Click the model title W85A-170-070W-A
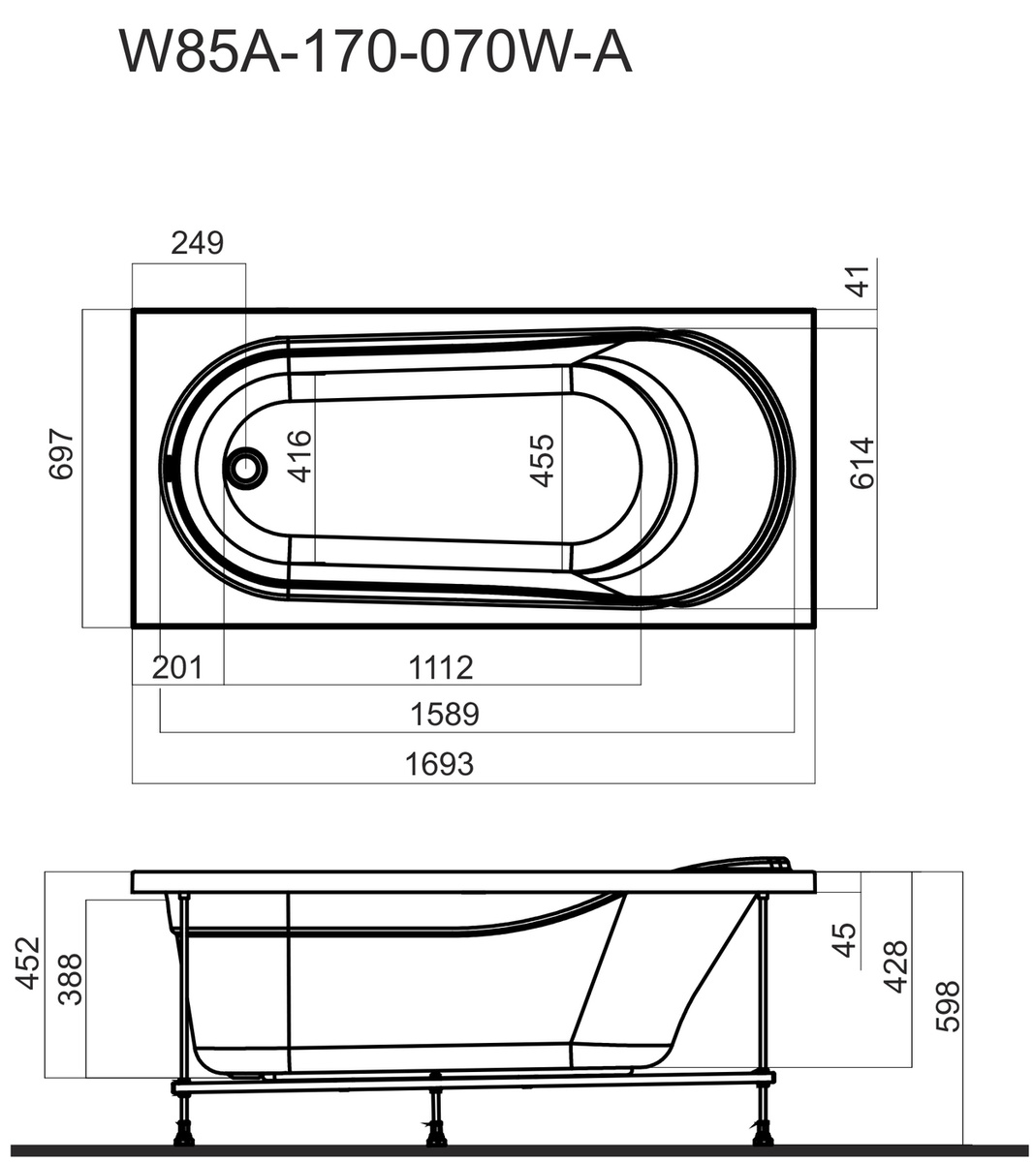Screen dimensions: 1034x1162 click(x=375, y=52)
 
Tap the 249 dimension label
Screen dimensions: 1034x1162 click(x=197, y=243)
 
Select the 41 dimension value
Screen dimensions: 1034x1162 click(x=859, y=281)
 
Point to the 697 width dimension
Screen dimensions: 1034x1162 click(x=61, y=453)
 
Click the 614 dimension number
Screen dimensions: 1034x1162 click(x=862, y=463)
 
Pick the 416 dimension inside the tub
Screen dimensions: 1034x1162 click(x=299, y=456)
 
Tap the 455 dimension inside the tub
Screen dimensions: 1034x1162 click(x=542, y=461)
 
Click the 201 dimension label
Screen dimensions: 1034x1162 click(x=177, y=667)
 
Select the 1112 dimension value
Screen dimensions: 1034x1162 click(x=441, y=667)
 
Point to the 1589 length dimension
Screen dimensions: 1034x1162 click(x=445, y=715)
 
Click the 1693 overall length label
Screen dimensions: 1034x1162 click(x=440, y=765)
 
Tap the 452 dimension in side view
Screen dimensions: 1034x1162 click(x=27, y=963)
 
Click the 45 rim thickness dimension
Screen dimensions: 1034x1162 click(x=844, y=940)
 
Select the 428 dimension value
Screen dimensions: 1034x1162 click(x=896, y=967)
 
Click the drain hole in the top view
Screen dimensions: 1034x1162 click(x=247, y=468)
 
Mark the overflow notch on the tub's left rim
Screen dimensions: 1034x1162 click(x=172, y=467)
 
